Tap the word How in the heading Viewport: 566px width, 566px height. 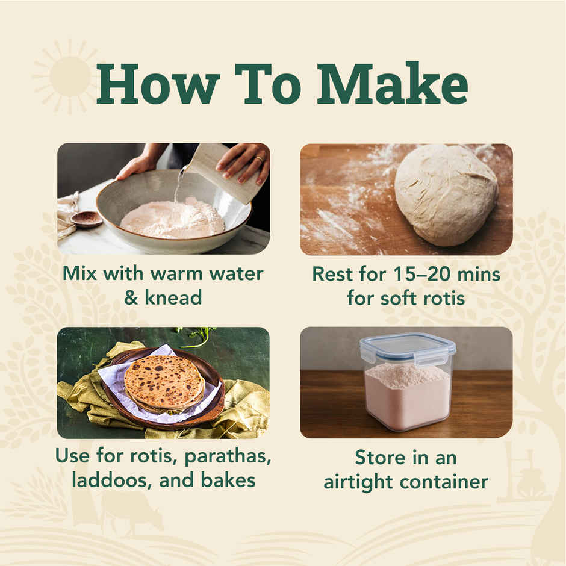tap(158, 84)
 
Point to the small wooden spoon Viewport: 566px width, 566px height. tap(86, 219)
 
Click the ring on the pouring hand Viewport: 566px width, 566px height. tap(260, 159)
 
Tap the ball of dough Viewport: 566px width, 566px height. tap(446, 195)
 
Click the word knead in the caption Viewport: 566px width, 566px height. tap(173, 298)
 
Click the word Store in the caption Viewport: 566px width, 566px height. tap(380, 458)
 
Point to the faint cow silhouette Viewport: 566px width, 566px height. tap(130, 512)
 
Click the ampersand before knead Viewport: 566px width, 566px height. tap(131, 298)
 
